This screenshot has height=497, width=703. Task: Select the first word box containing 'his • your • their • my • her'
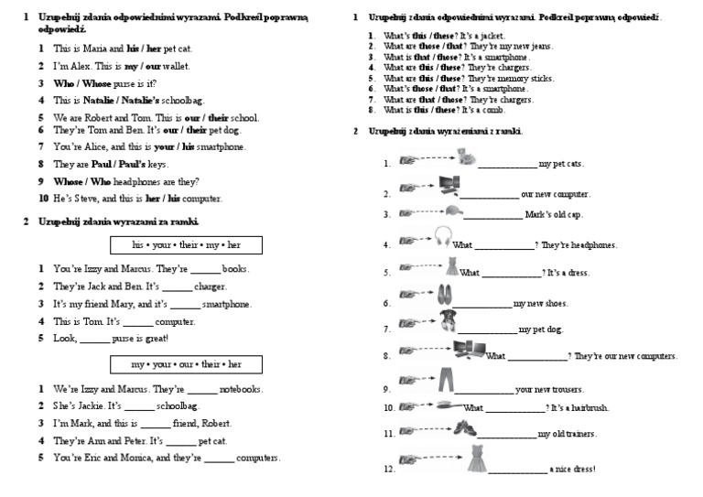pyautogui.click(x=186, y=245)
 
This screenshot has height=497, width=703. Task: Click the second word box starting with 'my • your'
pyautogui.click(x=186, y=365)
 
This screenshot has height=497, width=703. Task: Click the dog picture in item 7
pyautogui.click(x=449, y=319)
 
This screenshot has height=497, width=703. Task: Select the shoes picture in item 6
pyautogui.click(x=446, y=294)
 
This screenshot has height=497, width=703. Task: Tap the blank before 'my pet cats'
pyautogui.click(x=507, y=164)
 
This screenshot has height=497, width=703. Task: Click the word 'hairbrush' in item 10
pyautogui.click(x=588, y=408)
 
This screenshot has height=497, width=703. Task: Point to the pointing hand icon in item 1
pyautogui.click(x=409, y=161)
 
